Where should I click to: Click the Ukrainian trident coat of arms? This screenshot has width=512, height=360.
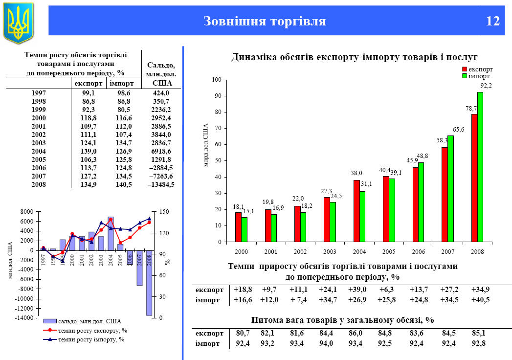pyautogui.click(x=19, y=22)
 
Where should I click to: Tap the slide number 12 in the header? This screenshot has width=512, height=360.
pyautogui.click(x=493, y=22)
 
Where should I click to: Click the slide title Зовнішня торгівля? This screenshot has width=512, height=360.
pyautogui.click(x=264, y=22)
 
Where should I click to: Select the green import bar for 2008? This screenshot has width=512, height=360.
pyautogui.click(x=480, y=167)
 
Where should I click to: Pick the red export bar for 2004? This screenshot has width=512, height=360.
pyautogui.click(x=357, y=211)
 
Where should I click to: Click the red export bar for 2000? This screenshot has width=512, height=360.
pyautogui.click(x=238, y=227)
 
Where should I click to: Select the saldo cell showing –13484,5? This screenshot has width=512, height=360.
pyautogui.click(x=161, y=184)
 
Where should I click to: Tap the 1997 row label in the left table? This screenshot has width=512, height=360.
pyautogui.click(x=38, y=93)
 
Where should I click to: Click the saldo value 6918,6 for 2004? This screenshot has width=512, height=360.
pyautogui.click(x=161, y=151)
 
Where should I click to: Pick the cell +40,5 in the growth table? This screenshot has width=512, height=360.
pyautogui.click(x=481, y=300)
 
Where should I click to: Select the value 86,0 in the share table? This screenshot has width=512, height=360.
pyautogui.click(x=357, y=334)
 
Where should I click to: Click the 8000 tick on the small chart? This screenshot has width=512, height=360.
pyautogui.click(x=27, y=212)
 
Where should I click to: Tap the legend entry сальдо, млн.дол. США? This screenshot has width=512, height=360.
pyautogui.click(x=89, y=321)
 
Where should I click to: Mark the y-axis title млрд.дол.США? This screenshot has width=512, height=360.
pyautogui.click(x=206, y=145)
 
